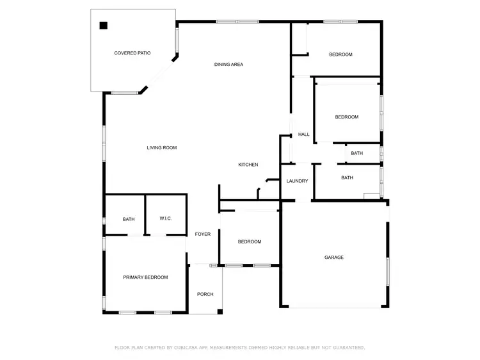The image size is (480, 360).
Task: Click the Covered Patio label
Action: [x=132, y=53]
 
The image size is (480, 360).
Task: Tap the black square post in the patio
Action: [x=103, y=26]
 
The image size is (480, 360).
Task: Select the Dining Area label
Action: [x=228, y=64]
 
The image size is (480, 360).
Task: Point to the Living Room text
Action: [x=161, y=148]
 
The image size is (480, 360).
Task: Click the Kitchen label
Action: [x=248, y=165]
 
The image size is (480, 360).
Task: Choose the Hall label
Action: [x=304, y=135]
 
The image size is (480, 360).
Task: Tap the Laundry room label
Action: [x=297, y=181]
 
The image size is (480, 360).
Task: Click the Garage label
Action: [x=333, y=258]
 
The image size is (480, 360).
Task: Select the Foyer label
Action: [x=203, y=234]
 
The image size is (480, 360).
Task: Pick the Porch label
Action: [x=205, y=295]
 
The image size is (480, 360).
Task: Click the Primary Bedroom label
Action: [x=145, y=277]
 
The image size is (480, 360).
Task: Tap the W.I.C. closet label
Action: [x=166, y=219]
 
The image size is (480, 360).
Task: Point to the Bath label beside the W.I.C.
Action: [x=129, y=220]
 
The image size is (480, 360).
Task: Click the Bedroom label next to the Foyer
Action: [x=249, y=241]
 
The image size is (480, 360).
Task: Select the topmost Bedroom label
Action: [x=340, y=54]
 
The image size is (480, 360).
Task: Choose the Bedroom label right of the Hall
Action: [x=346, y=117]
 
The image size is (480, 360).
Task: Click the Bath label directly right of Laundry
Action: [x=347, y=178]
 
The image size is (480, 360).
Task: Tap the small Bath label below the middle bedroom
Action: [x=356, y=154]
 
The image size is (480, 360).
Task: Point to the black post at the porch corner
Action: [x=220, y=312]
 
